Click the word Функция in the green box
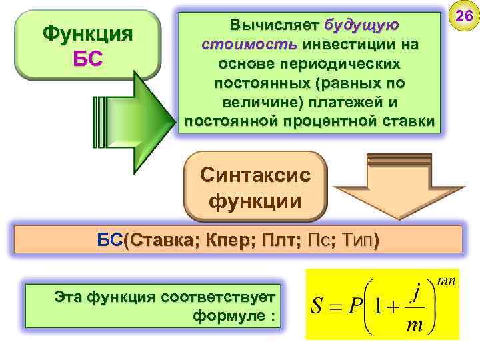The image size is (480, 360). (87, 33)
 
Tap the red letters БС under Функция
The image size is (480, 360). (87, 58)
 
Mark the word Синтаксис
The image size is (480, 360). (255, 176)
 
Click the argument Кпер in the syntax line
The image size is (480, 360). (229, 240)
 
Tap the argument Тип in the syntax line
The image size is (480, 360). (356, 240)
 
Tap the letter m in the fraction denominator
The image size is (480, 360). (413, 325)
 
